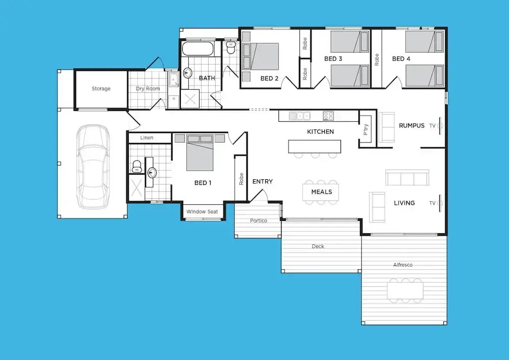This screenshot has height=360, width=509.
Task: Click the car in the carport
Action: tap(93, 167)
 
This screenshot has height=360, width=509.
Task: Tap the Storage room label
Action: tap(101, 89)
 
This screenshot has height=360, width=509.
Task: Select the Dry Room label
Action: tap(148, 89)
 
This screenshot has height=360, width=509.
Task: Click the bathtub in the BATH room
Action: tap(197, 49)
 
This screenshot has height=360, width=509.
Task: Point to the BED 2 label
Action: tap(269, 78)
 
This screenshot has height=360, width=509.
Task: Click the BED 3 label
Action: tap(333, 59)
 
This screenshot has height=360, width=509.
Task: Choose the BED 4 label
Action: tap(401, 59)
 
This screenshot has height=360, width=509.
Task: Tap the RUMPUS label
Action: tap(412, 126)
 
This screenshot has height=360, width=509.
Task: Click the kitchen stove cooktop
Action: tap(328, 116)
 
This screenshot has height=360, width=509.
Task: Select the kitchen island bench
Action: tap(315, 147)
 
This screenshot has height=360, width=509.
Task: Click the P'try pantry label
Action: tap(366, 129)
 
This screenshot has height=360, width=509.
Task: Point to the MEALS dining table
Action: tap(321, 192)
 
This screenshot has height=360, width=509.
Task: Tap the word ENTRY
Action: tap(263, 181)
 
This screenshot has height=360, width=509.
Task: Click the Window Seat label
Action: tap(202, 212)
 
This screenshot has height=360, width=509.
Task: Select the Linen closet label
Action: tap(147, 137)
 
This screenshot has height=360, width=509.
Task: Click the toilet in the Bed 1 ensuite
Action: tap(137, 166)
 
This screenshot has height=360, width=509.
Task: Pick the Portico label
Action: tap(259, 221)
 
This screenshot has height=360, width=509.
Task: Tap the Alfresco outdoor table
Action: tap(405, 291)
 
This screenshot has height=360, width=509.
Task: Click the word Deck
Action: tap(318, 246)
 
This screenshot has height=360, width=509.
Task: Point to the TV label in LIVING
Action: tap(432, 203)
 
